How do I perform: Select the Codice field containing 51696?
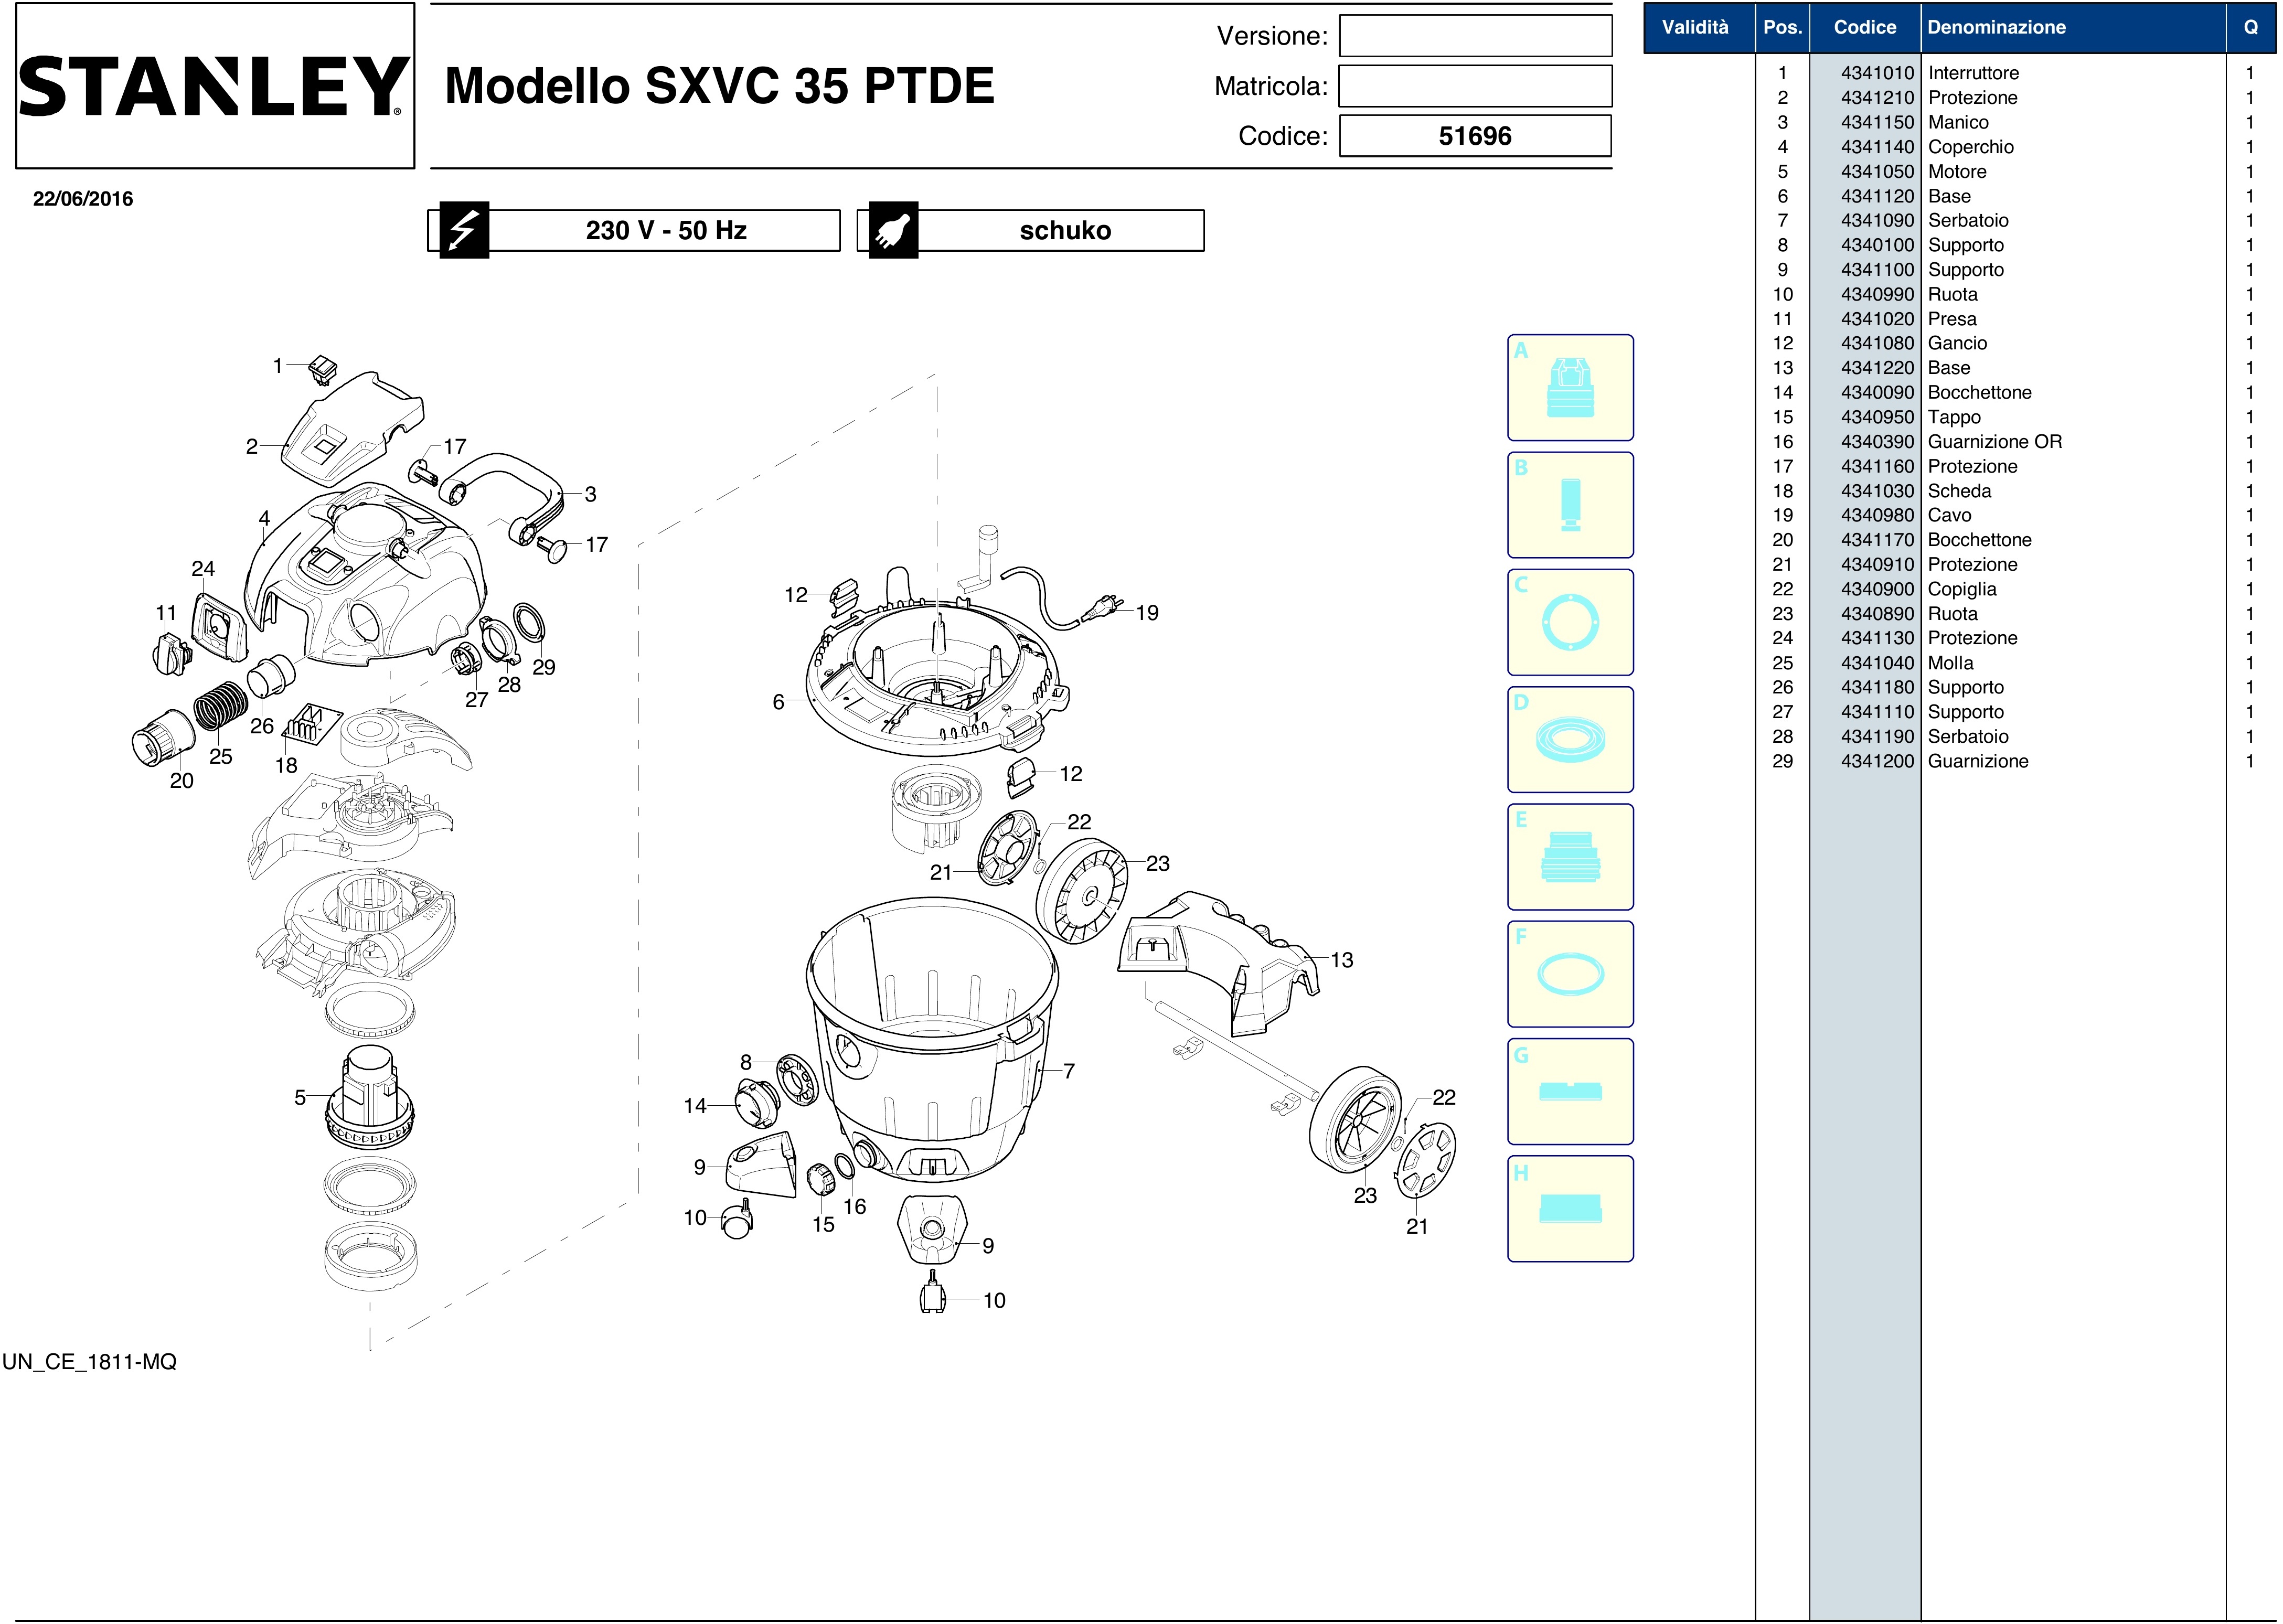click(x=1475, y=136)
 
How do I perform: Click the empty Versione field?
click(x=1475, y=36)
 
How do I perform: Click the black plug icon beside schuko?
click(x=893, y=230)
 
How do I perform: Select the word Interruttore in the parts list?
click(x=1973, y=73)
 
